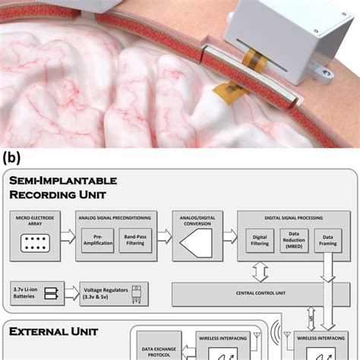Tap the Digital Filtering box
pos(261,242)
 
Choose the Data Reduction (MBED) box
pos(296,242)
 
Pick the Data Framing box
pos(329,242)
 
